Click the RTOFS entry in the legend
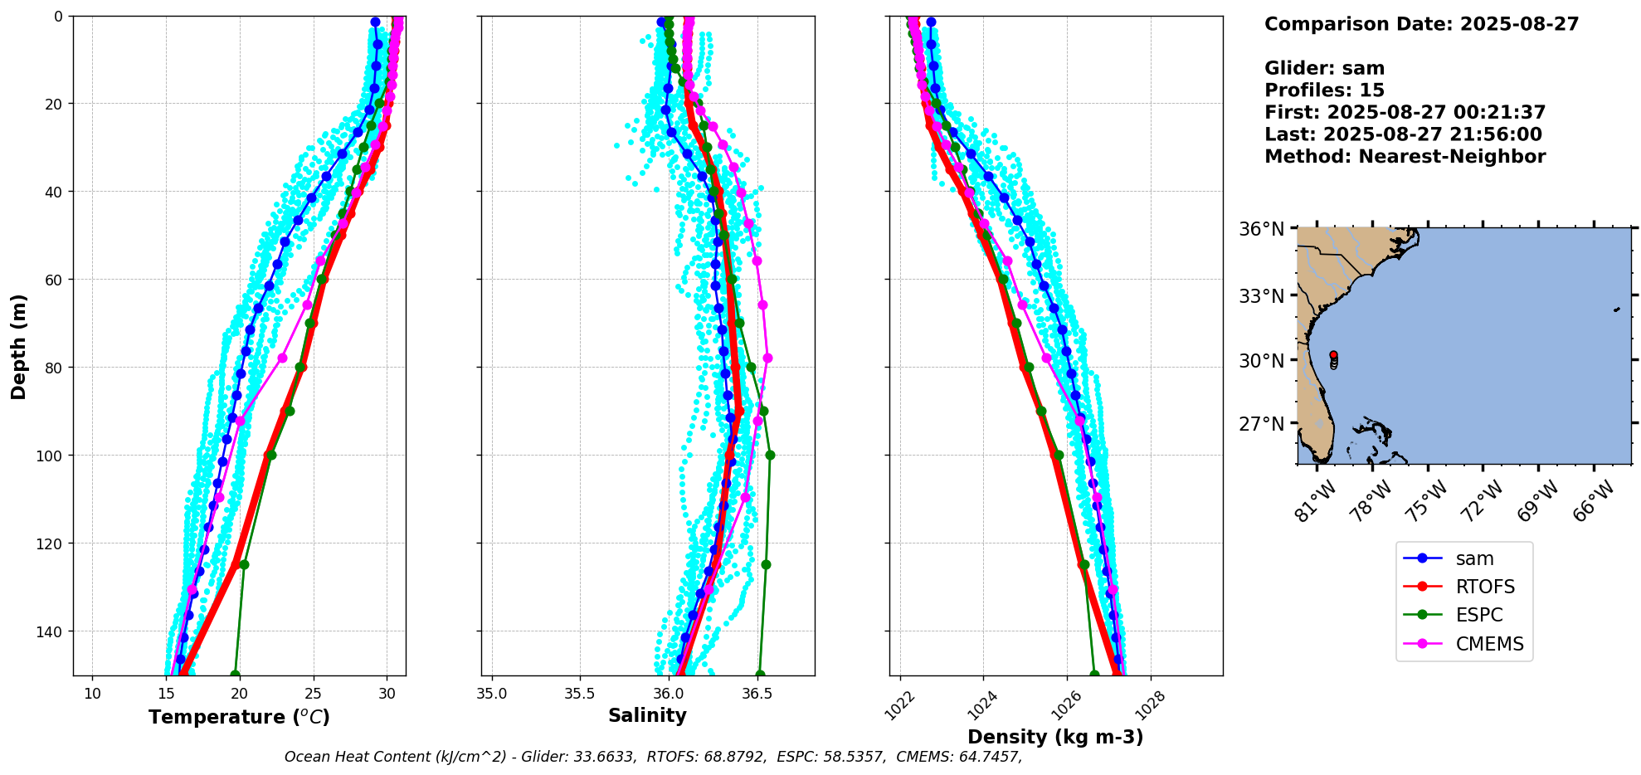point(1484,587)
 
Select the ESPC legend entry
point(1478,616)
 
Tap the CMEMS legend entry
point(1489,644)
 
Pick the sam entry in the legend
point(1474,559)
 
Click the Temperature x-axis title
point(239,717)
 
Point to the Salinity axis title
point(647,716)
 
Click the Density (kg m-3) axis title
point(1055,737)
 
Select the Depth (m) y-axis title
point(19,346)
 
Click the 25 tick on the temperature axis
point(314,694)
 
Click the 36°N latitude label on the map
point(1261,230)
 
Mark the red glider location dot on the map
point(1333,355)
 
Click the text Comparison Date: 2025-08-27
point(1421,24)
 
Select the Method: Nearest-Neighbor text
point(1405,157)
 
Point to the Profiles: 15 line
point(1324,90)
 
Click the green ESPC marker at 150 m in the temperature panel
point(235,675)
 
